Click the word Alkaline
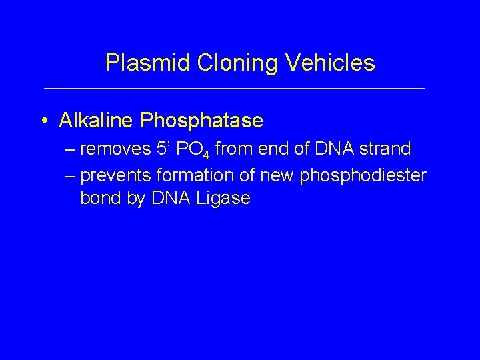(x=97, y=121)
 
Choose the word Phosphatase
(x=201, y=121)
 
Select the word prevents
(x=116, y=175)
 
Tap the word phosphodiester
(x=364, y=175)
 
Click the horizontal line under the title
(x=233, y=89)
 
